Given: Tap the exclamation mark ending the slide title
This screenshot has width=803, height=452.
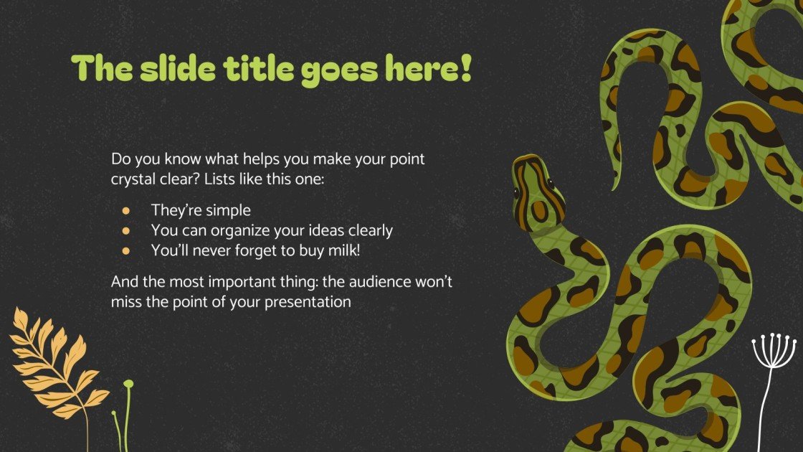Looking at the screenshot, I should click(x=466, y=67).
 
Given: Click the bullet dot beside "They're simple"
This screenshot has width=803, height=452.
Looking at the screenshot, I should click(x=126, y=211).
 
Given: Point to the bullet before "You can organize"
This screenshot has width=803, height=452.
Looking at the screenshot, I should click(x=126, y=231).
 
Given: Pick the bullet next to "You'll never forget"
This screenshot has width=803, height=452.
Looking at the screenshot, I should click(x=126, y=251).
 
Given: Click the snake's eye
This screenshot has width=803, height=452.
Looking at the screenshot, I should click(x=517, y=192).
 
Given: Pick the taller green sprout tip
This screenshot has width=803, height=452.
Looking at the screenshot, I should click(x=128, y=385).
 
